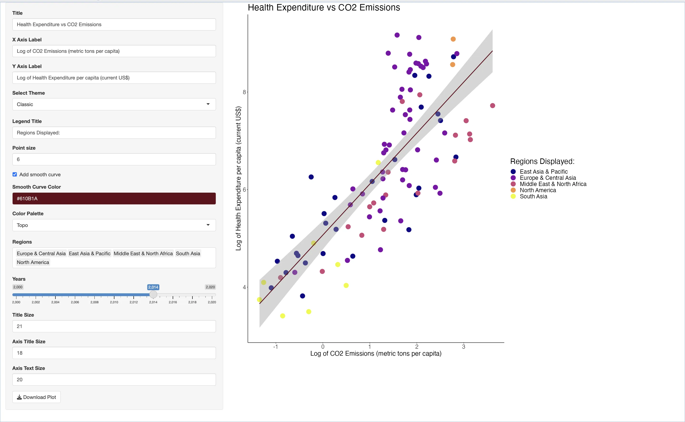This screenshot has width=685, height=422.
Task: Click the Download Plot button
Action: (37, 397)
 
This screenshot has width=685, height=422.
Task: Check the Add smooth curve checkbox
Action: (15, 174)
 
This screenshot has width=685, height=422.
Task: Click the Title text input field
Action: (114, 25)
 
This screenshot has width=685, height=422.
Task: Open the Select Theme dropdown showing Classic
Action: (114, 104)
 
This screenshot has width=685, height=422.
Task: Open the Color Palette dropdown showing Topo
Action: (114, 225)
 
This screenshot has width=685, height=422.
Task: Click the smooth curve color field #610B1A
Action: (114, 198)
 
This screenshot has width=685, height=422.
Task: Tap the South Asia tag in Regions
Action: (188, 253)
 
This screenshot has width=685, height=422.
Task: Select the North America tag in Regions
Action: (33, 262)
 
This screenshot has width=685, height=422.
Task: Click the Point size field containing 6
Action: (114, 159)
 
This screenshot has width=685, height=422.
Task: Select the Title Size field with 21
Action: (114, 326)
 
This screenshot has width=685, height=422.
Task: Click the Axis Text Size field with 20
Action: (114, 380)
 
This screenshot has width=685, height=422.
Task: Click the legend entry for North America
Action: (537, 190)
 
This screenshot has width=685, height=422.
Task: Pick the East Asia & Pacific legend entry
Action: (543, 172)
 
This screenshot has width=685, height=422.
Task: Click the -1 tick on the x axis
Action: (275, 347)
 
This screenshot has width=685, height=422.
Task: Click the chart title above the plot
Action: (324, 8)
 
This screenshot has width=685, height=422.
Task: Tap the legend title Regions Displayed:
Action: (542, 161)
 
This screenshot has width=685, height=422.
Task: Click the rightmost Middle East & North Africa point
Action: (493, 106)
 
